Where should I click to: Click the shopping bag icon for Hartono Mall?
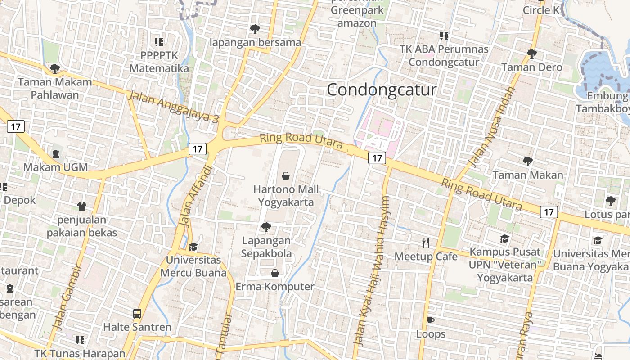click(x=285, y=175)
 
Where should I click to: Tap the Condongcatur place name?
click(x=382, y=90)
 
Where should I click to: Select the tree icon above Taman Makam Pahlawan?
click(x=54, y=69)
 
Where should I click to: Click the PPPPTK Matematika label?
click(x=159, y=62)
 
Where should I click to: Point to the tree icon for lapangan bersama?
click(x=255, y=29)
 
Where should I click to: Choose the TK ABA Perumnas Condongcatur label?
click(x=444, y=56)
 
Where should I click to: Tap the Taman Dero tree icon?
click(x=531, y=54)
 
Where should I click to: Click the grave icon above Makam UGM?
click(x=56, y=154)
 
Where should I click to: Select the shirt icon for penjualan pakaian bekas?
click(x=81, y=207)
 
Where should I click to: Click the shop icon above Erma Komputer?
click(x=274, y=273)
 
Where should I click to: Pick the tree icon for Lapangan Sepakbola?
click(x=266, y=227)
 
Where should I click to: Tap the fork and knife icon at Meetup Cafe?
click(x=426, y=243)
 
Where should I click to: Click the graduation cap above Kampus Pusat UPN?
click(x=504, y=238)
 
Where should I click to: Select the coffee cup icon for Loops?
click(x=431, y=320)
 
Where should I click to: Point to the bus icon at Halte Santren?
click(x=137, y=314)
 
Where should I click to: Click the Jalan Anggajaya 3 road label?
click(x=173, y=107)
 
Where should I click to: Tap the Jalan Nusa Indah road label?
click(x=491, y=127)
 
